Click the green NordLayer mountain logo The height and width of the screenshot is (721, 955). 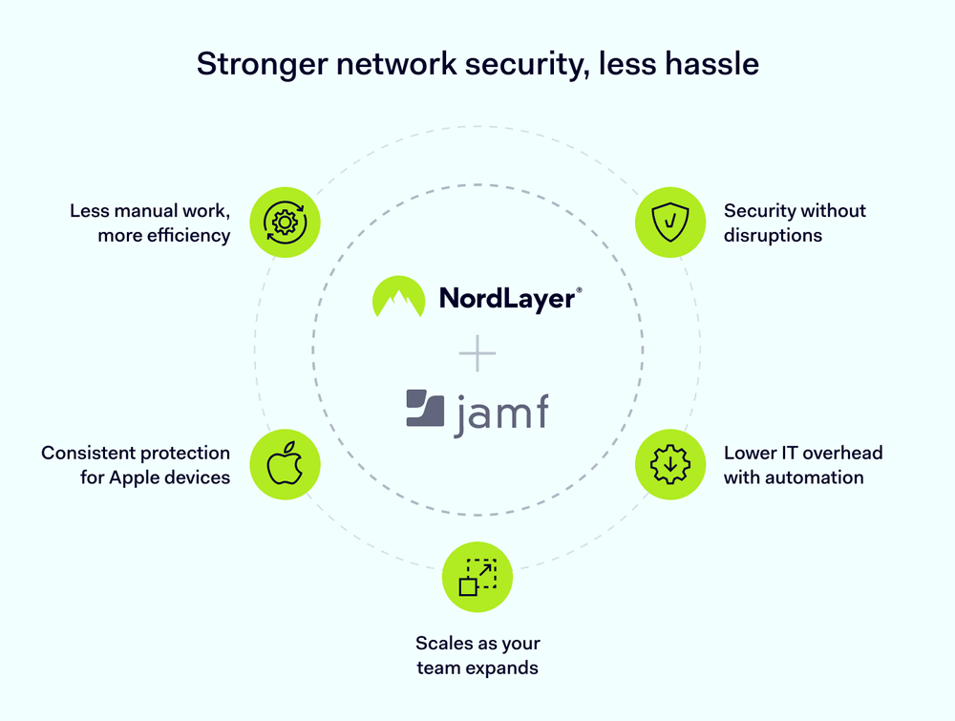point(398,297)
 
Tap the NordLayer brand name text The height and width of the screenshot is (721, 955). point(506,298)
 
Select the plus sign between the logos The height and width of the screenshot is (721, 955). point(477,355)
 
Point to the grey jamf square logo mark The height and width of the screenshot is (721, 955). point(425,408)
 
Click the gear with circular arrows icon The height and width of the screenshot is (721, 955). point(285,223)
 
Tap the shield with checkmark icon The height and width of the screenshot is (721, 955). point(670,223)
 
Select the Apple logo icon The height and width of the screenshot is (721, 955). point(285,464)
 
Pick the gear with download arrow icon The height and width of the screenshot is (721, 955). point(670,464)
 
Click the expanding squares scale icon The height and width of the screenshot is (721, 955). point(477,578)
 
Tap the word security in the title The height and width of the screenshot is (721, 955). point(523,64)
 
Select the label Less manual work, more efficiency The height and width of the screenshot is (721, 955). point(150,223)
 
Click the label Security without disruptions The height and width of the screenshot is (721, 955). point(795,223)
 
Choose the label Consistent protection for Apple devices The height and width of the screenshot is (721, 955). point(136,465)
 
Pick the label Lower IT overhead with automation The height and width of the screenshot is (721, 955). point(802,465)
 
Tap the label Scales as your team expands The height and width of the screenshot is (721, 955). point(477,655)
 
